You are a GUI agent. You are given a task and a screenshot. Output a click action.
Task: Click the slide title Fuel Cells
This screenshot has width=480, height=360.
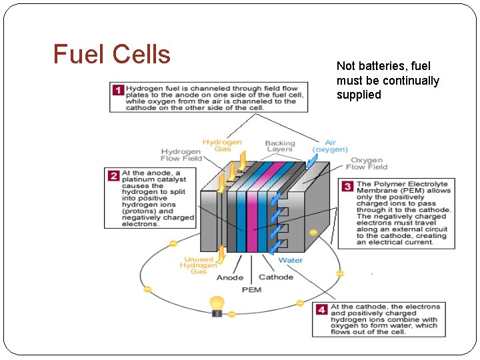112,54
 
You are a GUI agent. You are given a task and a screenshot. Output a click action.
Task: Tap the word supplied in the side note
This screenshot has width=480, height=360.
359,95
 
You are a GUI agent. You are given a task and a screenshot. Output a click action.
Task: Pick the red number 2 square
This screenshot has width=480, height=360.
114,176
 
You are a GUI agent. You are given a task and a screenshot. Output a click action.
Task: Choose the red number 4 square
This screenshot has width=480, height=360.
321,310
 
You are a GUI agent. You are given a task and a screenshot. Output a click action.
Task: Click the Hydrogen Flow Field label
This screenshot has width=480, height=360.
181,155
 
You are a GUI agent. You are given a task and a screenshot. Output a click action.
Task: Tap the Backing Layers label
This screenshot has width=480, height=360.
279,146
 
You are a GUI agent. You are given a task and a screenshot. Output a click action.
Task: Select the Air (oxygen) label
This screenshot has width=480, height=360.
330,146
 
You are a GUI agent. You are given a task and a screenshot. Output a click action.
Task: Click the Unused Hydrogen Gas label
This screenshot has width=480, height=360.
198,265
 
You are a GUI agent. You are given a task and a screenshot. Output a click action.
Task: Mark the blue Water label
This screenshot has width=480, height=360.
290,260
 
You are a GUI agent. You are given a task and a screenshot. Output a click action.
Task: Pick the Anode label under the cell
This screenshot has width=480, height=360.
230,277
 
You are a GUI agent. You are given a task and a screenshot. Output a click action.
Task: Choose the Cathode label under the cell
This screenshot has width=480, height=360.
275,277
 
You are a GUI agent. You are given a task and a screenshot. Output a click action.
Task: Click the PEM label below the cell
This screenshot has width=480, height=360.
251,289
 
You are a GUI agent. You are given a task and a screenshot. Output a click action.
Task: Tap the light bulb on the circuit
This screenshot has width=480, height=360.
217,305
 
